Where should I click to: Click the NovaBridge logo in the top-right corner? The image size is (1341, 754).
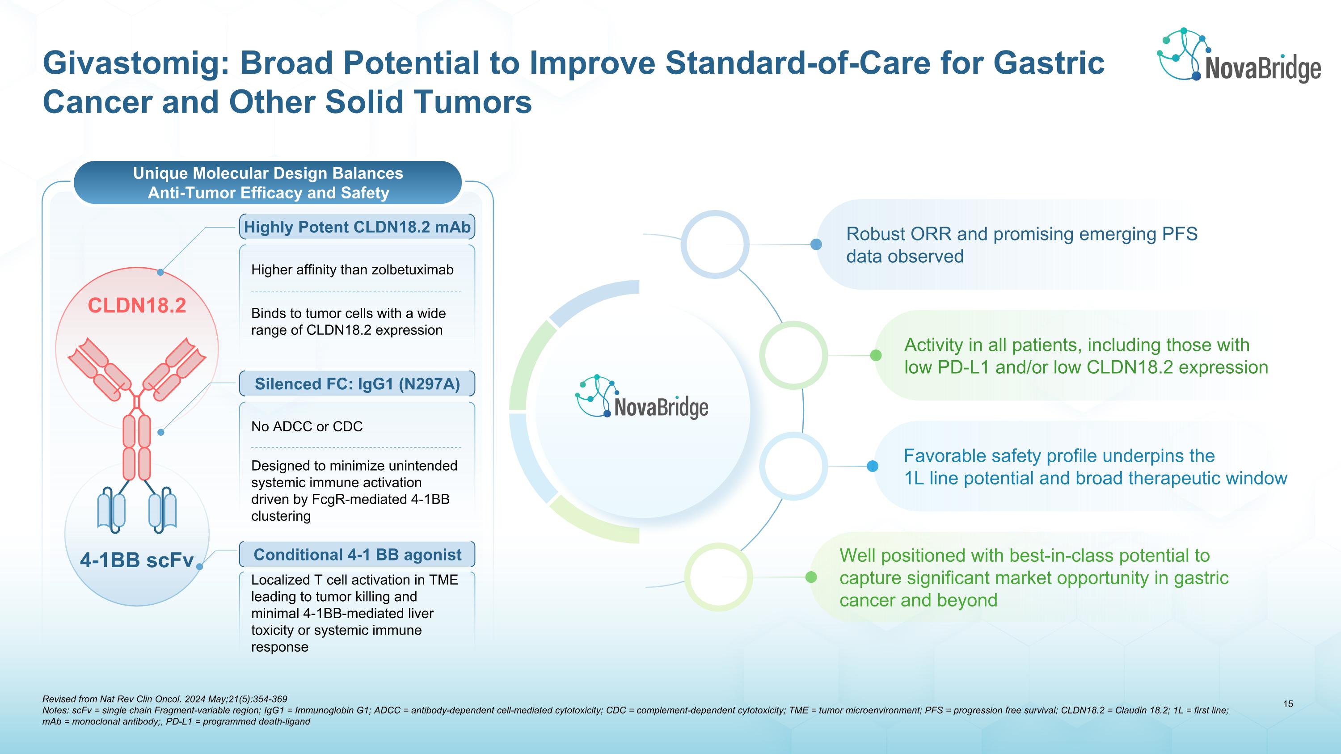pos(1239,55)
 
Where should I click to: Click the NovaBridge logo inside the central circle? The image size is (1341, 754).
pos(642,396)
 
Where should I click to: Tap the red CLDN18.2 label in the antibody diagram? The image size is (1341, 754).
pos(137,305)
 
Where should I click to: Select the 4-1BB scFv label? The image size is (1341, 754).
pos(137,560)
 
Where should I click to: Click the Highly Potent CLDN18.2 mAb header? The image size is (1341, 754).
pos(357,227)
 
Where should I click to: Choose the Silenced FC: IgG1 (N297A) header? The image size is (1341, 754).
pos(357,384)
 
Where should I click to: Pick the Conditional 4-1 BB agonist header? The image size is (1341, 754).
pos(357,555)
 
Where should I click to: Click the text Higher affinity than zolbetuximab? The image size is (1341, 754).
pos(352,270)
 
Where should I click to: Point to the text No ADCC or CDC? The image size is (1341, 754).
pos(307,427)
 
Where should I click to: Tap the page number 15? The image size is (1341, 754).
pos(1288,704)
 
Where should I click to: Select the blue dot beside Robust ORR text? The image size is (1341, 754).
pos(816,244)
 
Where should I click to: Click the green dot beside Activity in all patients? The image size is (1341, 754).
pos(876,355)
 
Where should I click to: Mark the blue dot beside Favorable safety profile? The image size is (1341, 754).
pos(873,466)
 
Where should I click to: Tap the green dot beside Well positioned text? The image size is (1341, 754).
pos(811,577)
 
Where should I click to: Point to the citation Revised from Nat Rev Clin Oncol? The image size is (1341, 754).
pos(164,699)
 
